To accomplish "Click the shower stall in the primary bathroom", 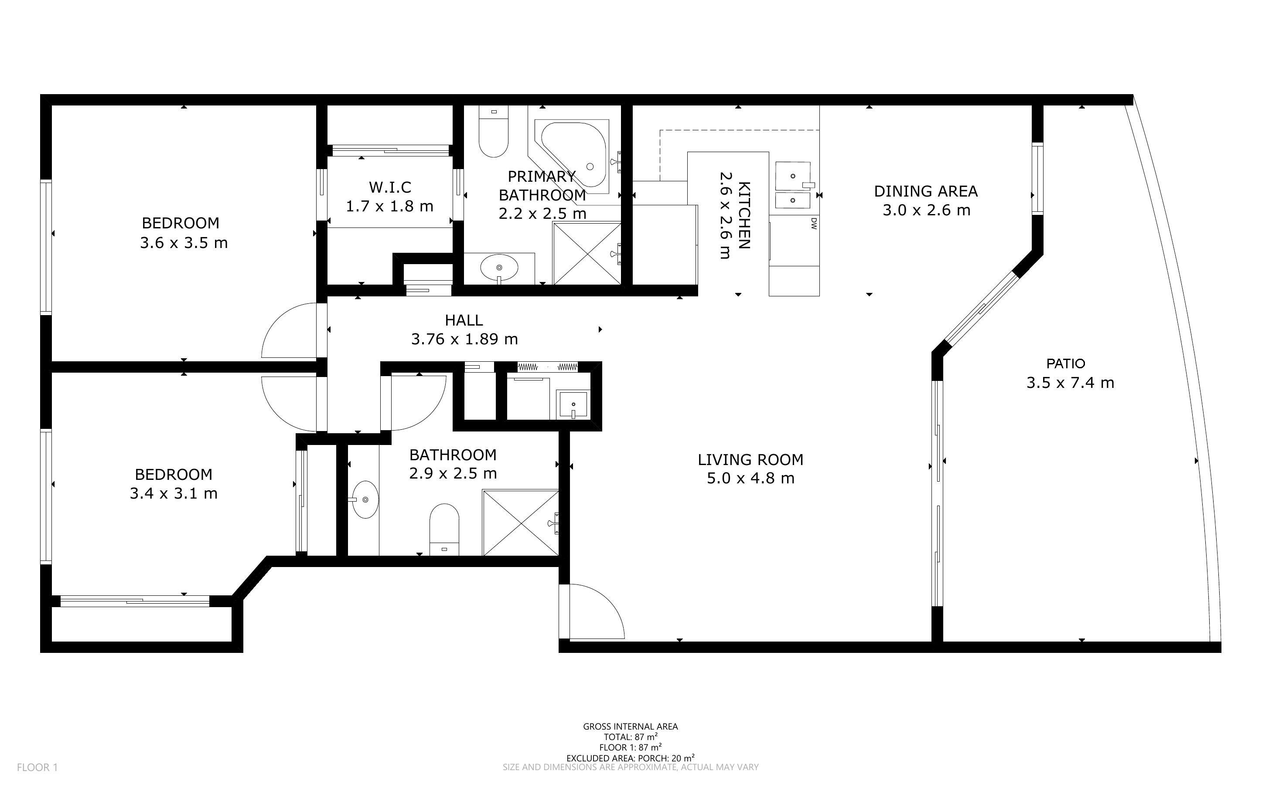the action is (x=587, y=254).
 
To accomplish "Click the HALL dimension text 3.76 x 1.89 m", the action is (x=464, y=339).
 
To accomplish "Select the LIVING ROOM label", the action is (x=750, y=460).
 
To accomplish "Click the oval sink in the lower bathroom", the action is (x=365, y=500).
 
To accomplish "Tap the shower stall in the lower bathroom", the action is (x=521, y=523).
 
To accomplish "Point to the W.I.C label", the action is (x=390, y=187).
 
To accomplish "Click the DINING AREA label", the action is (x=926, y=191).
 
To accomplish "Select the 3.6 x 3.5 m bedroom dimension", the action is (x=184, y=243).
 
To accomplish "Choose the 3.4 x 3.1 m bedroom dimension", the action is (x=174, y=493).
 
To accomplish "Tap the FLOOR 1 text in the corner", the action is (x=38, y=767).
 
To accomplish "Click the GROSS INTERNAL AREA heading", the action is (x=630, y=727).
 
